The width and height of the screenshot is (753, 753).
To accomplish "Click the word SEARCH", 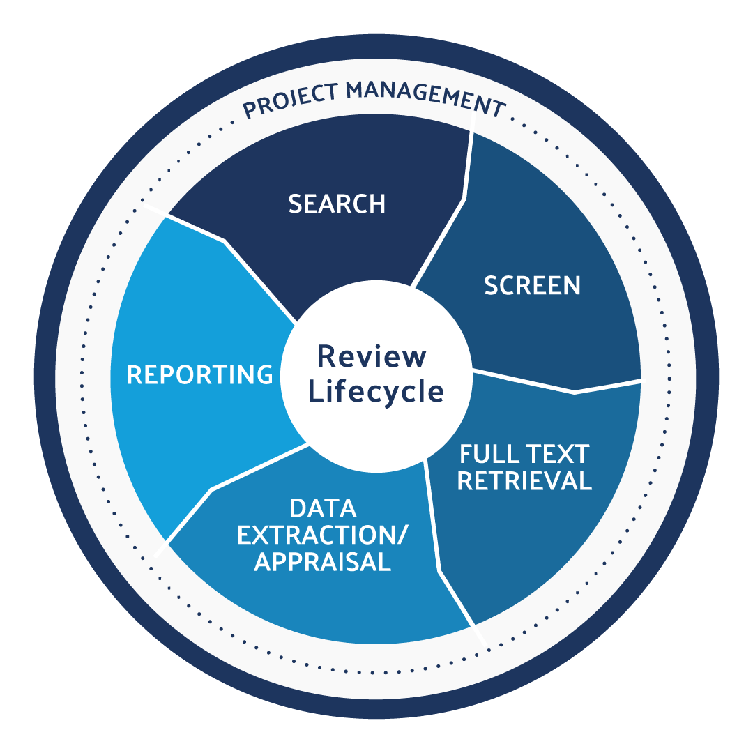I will tap(337, 204).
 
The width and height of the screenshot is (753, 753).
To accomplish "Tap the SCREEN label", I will tap(532, 285).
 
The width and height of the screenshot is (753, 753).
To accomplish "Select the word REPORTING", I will tap(199, 374).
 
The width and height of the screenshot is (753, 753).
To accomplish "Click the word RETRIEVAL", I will tap(524, 481).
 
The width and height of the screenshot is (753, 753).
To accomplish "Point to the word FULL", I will tap(485, 455).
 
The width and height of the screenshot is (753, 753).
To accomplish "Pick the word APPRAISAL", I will tap(323, 561).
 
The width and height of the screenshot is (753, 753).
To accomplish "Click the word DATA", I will tap(323, 508).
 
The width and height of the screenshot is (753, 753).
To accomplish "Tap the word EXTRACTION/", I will tap(323, 535).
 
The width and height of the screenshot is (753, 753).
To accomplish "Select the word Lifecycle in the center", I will tap(376, 391).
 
